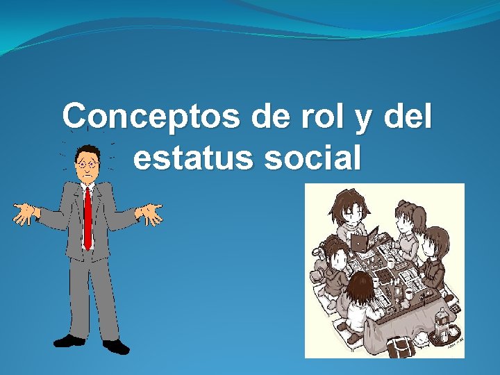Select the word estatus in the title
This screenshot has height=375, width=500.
pos(194,158)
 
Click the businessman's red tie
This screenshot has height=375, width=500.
pos(87,215)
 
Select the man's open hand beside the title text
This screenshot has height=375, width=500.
pos(149,215)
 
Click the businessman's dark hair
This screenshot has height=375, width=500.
pos(87,151)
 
